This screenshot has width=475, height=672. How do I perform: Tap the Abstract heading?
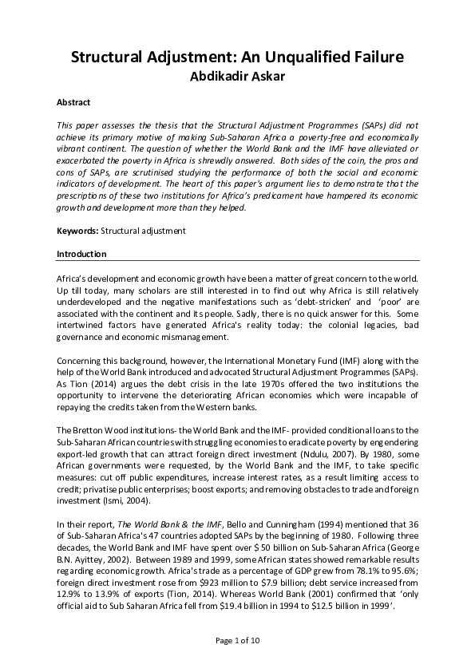[73, 103]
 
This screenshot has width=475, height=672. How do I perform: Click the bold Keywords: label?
[77, 231]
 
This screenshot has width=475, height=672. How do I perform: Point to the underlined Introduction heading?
[82, 255]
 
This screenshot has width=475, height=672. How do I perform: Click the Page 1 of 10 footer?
[237, 641]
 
